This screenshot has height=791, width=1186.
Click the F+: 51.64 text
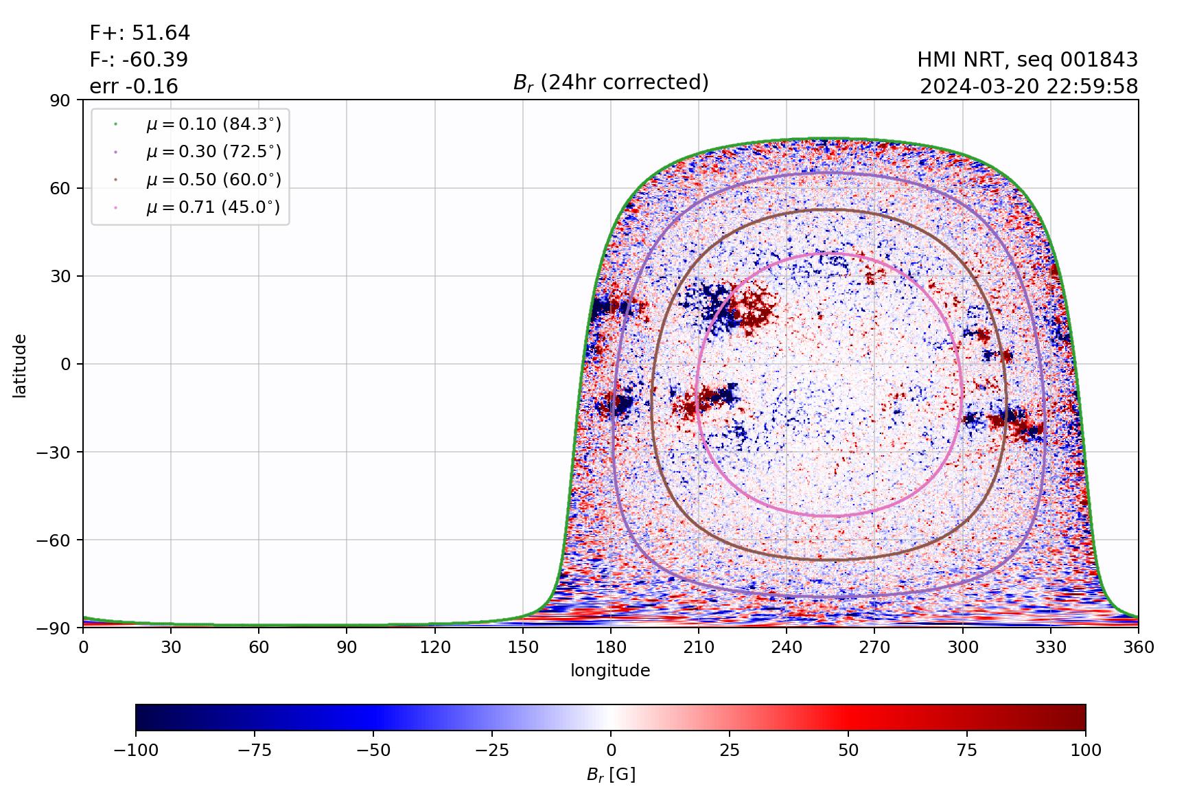(140, 33)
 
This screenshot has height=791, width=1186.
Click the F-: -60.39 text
(139, 60)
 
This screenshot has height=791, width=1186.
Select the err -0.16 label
(134, 87)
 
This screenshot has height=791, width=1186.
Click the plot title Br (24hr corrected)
(611, 82)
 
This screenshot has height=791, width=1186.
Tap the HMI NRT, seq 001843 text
(1027, 60)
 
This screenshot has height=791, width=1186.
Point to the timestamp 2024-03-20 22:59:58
(1029, 87)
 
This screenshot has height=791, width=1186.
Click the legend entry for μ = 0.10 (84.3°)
(213, 124)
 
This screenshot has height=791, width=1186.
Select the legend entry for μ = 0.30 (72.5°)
(213, 152)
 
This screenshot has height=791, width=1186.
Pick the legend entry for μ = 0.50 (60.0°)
(213, 180)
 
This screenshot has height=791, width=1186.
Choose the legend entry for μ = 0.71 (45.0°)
(213, 207)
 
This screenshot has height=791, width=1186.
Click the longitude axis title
(610, 671)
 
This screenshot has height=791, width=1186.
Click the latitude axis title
(20, 365)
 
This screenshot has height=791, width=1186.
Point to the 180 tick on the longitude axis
(611, 647)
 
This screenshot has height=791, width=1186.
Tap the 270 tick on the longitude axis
(874, 647)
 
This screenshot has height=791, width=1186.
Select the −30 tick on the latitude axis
(58, 452)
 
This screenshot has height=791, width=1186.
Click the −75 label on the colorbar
(254, 750)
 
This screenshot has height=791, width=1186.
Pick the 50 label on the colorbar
(848, 750)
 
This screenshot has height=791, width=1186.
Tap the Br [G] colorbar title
(611, 775)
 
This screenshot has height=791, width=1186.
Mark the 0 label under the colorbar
(611, 750)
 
